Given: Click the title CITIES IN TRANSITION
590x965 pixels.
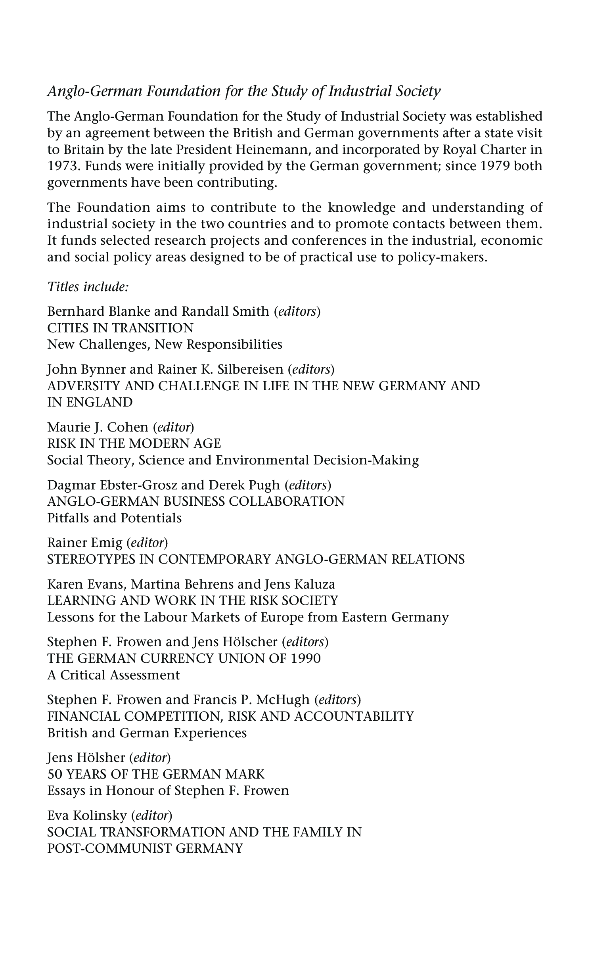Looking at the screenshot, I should pos(121,328).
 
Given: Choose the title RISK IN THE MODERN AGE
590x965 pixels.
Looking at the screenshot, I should pos(134,443).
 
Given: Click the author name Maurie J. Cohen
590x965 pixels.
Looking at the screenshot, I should pos(98,427).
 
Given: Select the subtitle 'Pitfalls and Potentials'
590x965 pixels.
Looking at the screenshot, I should pos(114,518).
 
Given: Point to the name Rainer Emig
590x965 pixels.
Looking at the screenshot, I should pos(84,543).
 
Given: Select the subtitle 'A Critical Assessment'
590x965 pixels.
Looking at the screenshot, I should pos(113,675).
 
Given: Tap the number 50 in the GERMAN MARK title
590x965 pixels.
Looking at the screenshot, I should pos(54,774).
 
